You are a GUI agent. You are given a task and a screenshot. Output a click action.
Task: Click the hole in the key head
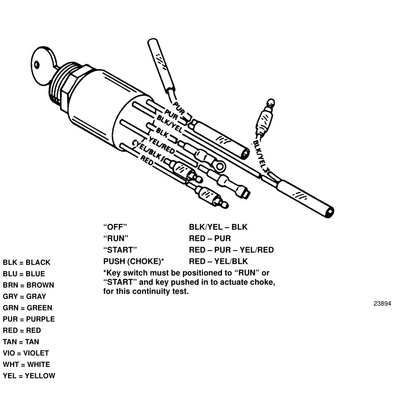tap(37, 64)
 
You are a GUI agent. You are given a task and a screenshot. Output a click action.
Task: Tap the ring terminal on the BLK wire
tap(219, 166)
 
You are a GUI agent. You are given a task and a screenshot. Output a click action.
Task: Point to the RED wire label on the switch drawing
tap(147, 160)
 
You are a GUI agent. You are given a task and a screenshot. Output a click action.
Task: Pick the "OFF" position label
tap(115, 227)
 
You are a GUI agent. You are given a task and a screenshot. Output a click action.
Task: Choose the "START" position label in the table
tap(120, 250)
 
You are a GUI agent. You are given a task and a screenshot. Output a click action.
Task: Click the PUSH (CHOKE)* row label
tap(134, 261)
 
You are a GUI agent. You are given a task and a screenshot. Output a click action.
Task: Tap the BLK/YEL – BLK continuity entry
tap(218, 227)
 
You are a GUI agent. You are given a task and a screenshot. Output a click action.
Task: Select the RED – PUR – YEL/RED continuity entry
tap(231, 250)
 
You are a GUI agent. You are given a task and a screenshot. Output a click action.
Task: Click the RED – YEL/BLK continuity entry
tap(219, 261)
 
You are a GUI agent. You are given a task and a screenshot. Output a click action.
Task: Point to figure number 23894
tap(382, 304)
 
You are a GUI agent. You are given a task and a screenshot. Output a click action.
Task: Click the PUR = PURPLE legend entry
tap(29, 319)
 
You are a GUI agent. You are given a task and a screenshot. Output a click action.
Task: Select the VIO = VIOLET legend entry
tap(26, 353)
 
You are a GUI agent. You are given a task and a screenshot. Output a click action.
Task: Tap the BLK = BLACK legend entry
tap(27, 262)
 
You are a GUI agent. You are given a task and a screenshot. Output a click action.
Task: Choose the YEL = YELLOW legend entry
tap(29, 376)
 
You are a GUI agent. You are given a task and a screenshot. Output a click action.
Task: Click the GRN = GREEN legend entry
tap(28, 308)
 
